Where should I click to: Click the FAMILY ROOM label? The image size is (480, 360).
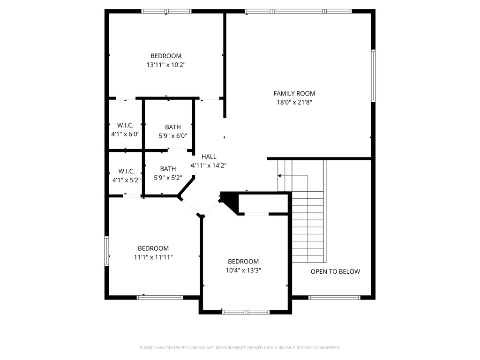[x=294, y=93]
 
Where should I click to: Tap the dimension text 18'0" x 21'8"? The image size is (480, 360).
[x=294, y=102]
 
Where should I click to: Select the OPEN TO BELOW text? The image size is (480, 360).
[x=335, y=271]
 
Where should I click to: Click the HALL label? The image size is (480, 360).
[x=209, y=157]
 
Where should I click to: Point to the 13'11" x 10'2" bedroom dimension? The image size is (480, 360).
[x=166, y=65]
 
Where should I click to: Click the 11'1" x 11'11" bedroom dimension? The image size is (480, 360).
[x=153, y=257]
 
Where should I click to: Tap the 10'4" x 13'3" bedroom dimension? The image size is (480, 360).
[x=243, y=270]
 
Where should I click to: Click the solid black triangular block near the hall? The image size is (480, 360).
[x=229, y=201]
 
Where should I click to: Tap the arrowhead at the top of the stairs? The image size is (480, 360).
[x=279, y=176]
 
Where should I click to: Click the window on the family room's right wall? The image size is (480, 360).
[x=373, y=75]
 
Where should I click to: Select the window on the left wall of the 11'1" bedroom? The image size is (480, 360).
[x=107, y=250]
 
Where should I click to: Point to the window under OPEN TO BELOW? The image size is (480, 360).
[x=334, y=298]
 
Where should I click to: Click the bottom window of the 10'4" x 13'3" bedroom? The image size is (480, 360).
[x=246, y=312]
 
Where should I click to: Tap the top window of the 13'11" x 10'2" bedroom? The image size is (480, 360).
[x=166, y=11]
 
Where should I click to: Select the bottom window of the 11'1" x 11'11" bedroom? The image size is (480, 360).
[x=160, y=298]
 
